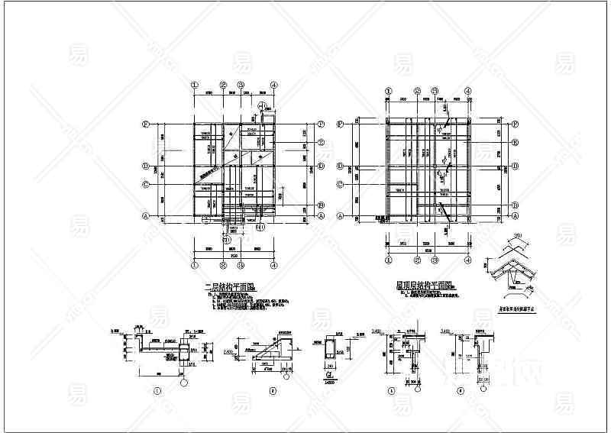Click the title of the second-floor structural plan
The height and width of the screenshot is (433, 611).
(230, 287)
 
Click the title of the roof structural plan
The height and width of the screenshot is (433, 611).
(425, 285)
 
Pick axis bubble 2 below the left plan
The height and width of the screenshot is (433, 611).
(222, 266)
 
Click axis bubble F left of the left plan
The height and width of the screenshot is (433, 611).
(145, 124)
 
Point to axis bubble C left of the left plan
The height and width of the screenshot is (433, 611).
(145, 183)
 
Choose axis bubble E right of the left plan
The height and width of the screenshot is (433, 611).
(322, 143)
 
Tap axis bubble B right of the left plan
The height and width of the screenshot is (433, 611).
(322, 205)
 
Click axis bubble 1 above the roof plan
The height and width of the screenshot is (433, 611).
(383, 89)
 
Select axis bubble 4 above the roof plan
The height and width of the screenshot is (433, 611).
(467, 89)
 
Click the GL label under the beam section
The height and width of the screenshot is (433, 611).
(329, 375)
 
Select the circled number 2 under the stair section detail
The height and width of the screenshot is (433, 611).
(273, 390)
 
